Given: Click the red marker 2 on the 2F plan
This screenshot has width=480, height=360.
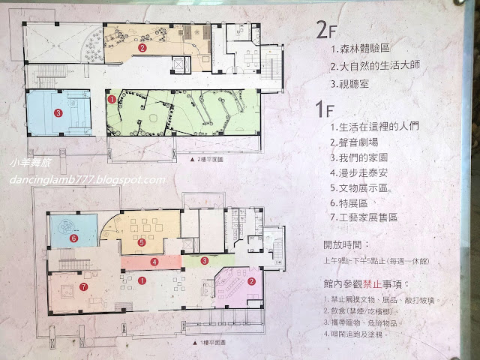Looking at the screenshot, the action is point(142,47).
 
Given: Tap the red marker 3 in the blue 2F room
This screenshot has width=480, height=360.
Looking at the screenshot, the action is point(58,113).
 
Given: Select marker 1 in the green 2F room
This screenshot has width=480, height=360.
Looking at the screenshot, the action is point(112,97).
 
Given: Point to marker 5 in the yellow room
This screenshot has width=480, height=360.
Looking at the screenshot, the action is point(142,242).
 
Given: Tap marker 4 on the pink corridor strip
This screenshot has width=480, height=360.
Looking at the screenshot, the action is point(154,262).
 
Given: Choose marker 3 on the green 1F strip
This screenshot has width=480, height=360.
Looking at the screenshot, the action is point(205,260).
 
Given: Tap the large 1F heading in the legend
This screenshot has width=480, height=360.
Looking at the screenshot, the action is point(324,110).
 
